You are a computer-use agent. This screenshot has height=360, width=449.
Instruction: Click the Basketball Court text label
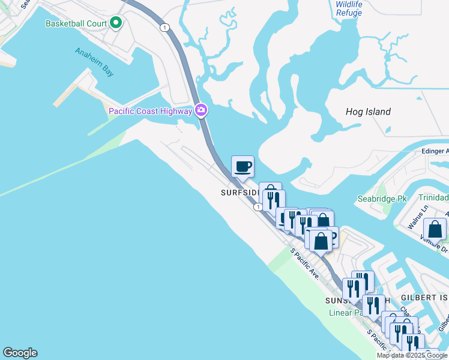tap(76, 24)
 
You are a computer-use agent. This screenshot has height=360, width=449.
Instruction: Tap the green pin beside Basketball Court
tap(116, 24)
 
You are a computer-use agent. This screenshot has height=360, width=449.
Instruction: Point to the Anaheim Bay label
tap(94, 62)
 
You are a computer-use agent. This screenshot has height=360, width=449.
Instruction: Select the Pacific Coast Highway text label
tap(150, 110)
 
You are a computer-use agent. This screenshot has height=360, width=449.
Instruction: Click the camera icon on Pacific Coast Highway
tap(201, 110)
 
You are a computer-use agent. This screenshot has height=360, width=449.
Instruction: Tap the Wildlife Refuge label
tap(349, 8)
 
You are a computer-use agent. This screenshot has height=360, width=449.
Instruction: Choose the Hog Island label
tap(368, 112)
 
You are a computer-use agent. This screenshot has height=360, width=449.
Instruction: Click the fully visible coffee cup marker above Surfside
tap(243, 166)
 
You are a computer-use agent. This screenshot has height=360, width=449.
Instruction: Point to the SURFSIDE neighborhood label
tap(240, 193)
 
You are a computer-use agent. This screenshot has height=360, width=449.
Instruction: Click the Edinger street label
tap(435, 151)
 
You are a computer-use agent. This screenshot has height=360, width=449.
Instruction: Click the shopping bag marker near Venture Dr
tap(435, 229)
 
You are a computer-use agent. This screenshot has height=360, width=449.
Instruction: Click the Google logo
tap(20, 353)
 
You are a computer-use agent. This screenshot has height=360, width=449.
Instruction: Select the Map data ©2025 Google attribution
tap(412, 355)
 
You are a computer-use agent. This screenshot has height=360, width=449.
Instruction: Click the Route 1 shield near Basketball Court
tap(164, 28)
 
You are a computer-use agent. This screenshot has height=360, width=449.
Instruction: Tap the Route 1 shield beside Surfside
tap(257, 207)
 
